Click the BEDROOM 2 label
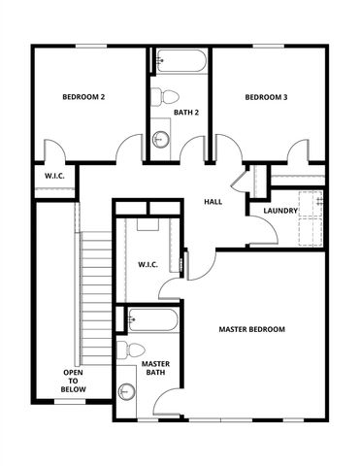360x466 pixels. (83, 97)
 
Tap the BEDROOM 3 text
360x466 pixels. (265, 97)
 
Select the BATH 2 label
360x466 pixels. (186, 113)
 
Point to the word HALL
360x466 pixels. (213, 202)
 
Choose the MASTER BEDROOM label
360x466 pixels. (251, 330)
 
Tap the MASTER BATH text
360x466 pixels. (156, 368)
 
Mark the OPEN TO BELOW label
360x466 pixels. (74, 381)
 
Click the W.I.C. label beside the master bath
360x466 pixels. (148, 264)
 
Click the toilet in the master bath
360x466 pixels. (132, 349)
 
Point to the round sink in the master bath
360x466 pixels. (126, 392)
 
